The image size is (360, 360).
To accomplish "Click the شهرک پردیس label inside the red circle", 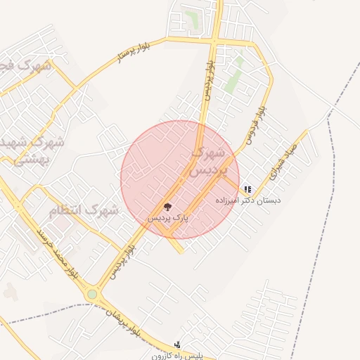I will tap(210, 162).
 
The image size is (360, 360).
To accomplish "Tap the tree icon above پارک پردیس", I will tap(167, 207).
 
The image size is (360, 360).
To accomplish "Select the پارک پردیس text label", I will tap(168, 219).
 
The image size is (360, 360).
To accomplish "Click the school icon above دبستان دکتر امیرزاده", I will tap(247, 189).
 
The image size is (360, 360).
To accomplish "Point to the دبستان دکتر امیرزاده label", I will tap(251, 200).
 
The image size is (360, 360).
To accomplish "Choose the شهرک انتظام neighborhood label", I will tap(83, 210).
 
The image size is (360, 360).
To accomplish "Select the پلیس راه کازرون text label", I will tap(176, 356).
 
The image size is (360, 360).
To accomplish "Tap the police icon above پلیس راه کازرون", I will tap(176, 345).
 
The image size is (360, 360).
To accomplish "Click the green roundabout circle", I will tap(92, 294).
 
